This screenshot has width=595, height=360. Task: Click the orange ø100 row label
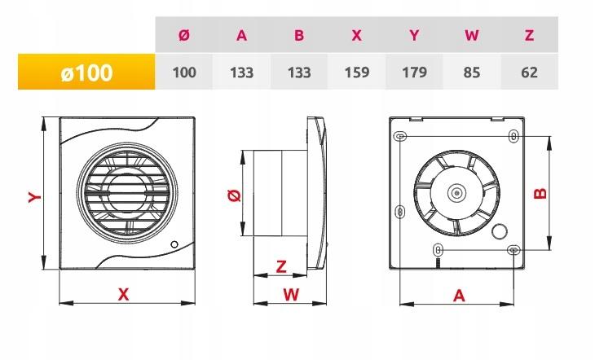point(86,72)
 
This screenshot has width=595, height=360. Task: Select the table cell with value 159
point(357,72)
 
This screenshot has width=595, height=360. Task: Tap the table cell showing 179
point(414,72)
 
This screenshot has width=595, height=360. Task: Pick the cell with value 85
point(472,72)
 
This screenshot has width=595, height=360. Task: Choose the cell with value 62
point(529,72)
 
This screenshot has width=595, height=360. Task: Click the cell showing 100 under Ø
point(184,72)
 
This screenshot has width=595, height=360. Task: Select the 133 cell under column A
point(242,72)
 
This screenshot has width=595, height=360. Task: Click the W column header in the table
point(472,35)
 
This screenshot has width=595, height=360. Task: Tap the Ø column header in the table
point(184,35)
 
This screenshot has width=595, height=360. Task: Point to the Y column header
point(414,35)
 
